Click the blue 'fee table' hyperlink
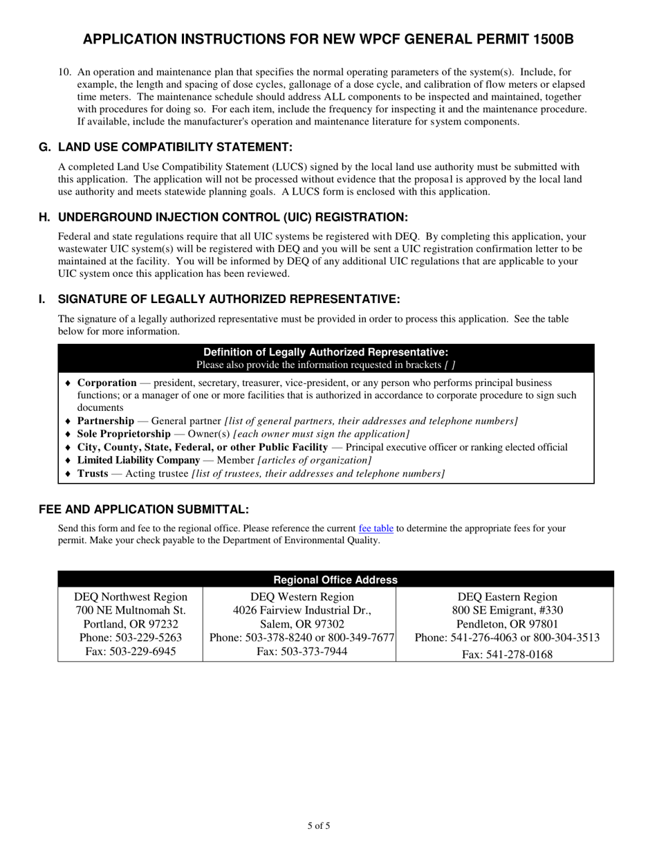pos(376,529)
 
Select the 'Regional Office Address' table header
pos(335,580)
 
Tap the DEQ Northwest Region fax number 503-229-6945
pos(131,652)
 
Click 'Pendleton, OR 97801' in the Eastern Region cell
pos(508,624)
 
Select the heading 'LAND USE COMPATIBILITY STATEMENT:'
pos(175,147)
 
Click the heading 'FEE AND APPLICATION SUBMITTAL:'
pos(143,510)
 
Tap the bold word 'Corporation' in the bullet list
pos(107,383)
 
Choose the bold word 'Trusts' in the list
pos(93,474)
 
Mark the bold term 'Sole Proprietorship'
pos(124,434)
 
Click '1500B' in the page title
pos(553,40)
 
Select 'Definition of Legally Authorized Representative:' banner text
pos(326,352)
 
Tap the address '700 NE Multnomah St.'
pos(131,610)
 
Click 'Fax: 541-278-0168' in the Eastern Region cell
pos(507,655)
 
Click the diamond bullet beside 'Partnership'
pos(68,421)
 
